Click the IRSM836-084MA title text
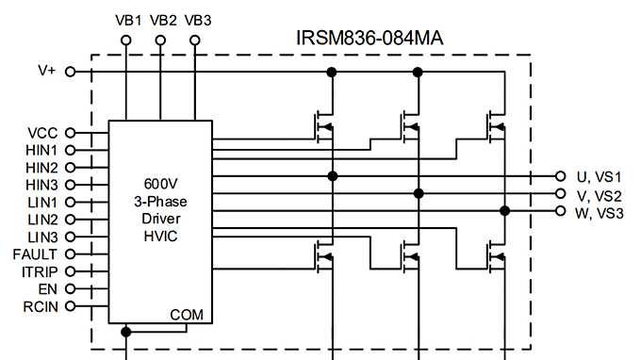click(370, 38)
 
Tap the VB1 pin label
click(128, 20)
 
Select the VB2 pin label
click(163, 20)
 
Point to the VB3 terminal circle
click(195, 41)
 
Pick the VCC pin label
click(43, 133)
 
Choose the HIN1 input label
click(41, 150)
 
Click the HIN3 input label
click(41, 185)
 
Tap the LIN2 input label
click(42, 219)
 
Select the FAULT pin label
click(35, 254)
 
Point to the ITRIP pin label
click(40, 271)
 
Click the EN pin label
click(48, 288)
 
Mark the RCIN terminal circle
click(70, 306)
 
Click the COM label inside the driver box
click(186, 314)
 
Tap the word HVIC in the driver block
click(160, 235)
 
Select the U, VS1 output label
click(600, 177)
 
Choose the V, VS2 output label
click(600, 195)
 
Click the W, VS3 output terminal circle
click(562, 212)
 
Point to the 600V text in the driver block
click(160, 184)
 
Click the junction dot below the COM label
click(126, 332)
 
